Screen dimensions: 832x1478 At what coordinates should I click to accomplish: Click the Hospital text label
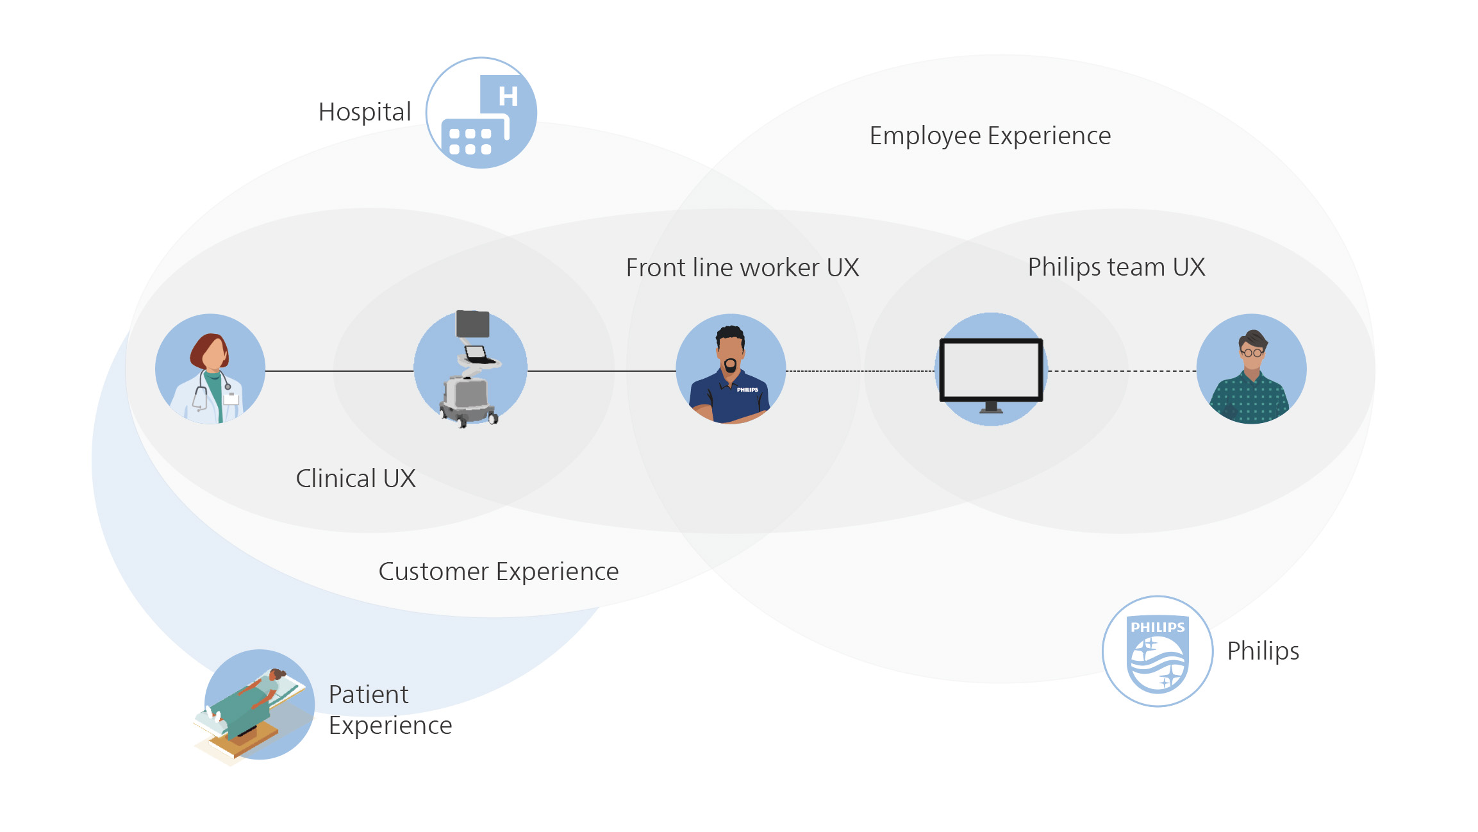[365, 112]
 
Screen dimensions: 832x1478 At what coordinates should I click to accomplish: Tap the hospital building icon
[481, 113]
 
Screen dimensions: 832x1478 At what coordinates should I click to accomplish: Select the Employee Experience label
[990, 136]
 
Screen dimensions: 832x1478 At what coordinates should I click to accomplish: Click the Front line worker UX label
[742, 268]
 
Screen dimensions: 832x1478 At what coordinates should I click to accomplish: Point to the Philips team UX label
[1116, 267]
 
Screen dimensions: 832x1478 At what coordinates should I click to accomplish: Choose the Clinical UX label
[356, 479]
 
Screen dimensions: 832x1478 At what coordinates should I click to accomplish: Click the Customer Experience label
[499, 572]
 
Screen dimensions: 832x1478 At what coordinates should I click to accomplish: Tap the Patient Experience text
[390, 710]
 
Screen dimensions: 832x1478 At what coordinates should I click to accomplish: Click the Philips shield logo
[1158, 652]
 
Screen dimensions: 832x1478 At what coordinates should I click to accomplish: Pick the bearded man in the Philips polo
[731, 372]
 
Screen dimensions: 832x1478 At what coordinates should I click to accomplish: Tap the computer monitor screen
[991, 369]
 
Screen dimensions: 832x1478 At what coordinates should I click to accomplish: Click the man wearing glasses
[1251, 372]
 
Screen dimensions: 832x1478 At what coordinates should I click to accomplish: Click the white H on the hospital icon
[508, 96]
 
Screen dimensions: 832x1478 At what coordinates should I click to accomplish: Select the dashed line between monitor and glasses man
[1122, 371]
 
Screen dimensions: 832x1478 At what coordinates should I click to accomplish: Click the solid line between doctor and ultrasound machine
[339, 371]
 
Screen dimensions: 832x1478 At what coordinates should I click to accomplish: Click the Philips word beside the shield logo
[1263, 651]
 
